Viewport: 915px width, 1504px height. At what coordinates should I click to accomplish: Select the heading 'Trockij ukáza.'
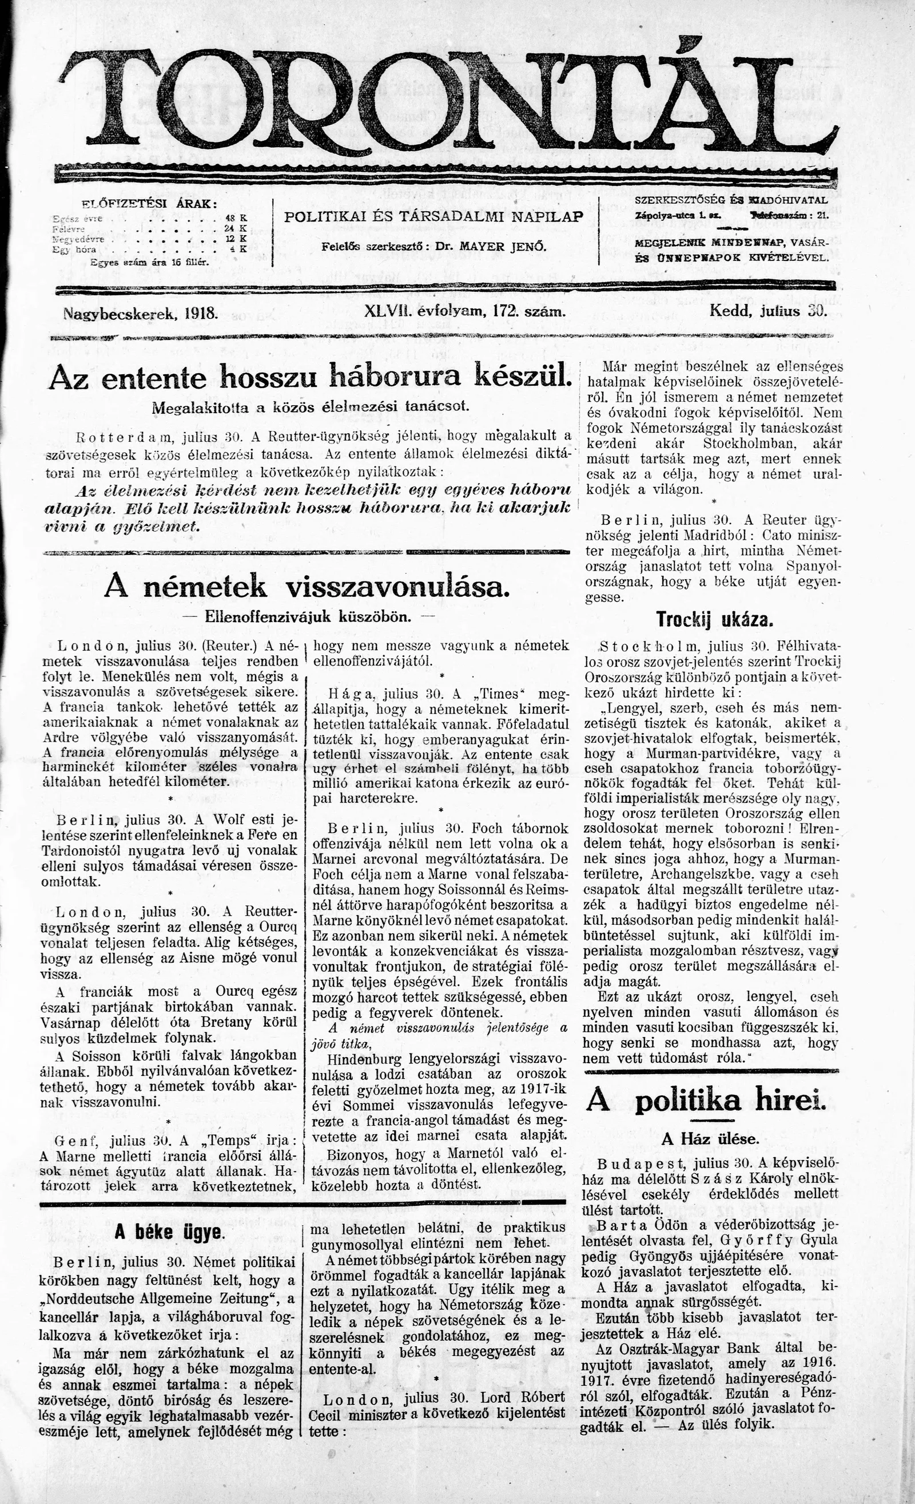coord(715,620)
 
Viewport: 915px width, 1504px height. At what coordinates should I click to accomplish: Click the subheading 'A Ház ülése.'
coord(710,1138)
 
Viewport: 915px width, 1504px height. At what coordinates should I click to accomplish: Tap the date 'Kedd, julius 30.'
coord(767,311)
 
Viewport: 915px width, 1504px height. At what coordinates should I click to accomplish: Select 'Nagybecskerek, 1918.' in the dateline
coord(140,314)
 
